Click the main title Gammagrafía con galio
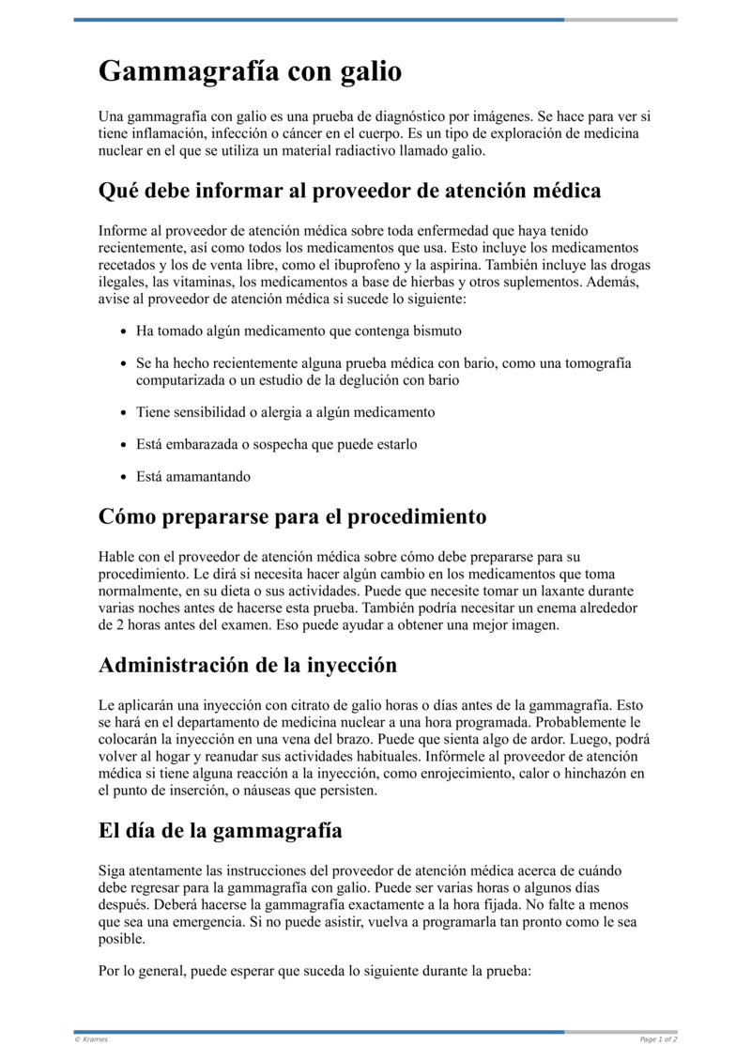(250, 71)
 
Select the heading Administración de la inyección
(248, 666)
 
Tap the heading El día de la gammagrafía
(220, 831)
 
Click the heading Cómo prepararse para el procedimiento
(292, 517)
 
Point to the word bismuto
(437, 331)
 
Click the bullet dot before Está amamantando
(125, 477)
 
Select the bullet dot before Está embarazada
(125, 445)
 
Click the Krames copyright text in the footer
(90, 1039)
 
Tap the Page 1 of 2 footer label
(658, 1039)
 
